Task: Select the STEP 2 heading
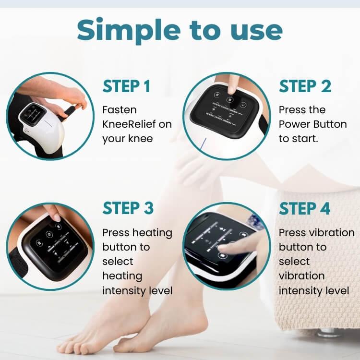pyautogui.click(x=305, y=86)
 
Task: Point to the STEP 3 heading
pyautogui.click(x=128, y=208)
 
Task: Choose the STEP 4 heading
pyautogui.click(x=305, y=208)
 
